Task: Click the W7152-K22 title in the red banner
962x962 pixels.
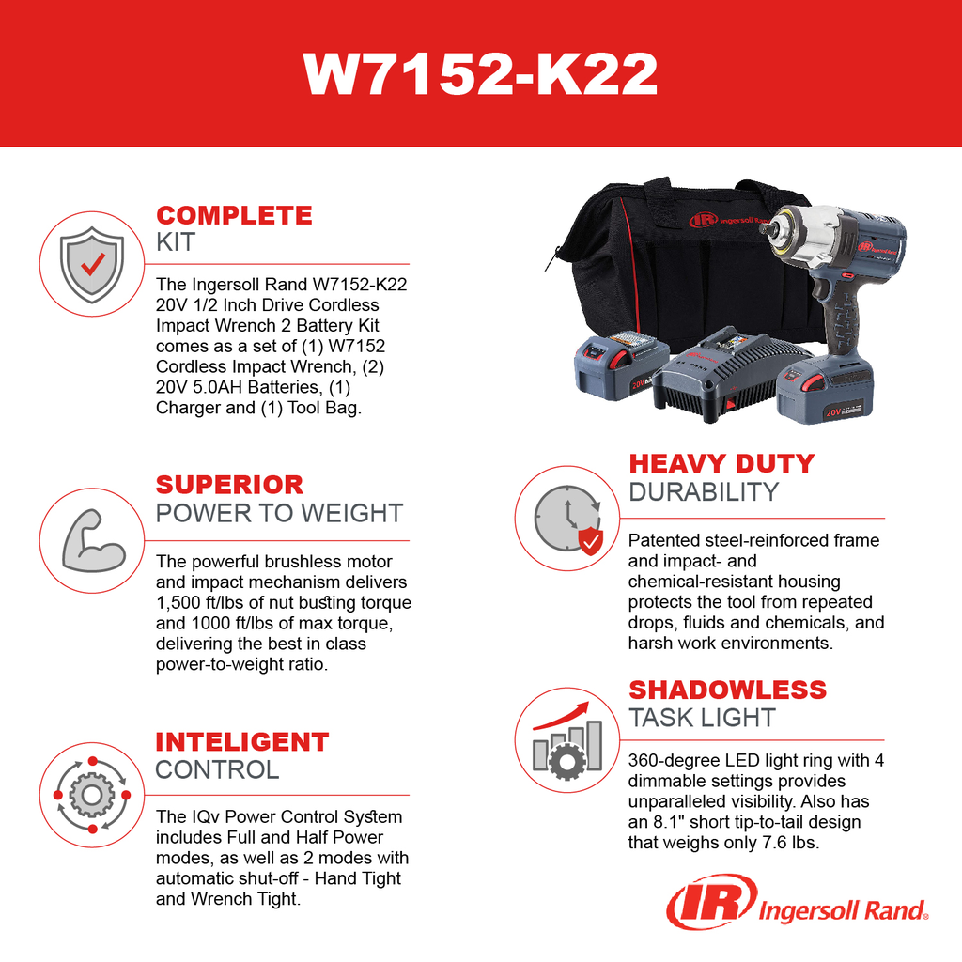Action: point(480,73)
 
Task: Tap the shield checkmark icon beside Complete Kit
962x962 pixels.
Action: point(91,264)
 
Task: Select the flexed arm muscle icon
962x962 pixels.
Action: point(92,541)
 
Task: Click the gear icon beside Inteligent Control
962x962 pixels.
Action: point(92,795)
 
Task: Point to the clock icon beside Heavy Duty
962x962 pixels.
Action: point(566,519)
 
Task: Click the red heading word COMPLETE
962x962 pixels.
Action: point(234,215)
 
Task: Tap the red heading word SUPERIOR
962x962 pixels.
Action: point(229,485)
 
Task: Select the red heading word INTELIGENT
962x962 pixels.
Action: point(241,741)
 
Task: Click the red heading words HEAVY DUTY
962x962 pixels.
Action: point(721,463)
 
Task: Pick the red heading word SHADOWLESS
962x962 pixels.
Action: point(727,689)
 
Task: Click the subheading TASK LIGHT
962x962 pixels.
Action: point(702,718)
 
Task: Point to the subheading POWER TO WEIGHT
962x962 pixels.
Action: point(279,514)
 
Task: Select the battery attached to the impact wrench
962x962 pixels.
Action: point(827,387)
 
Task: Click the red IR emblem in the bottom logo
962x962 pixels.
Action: point(710,905)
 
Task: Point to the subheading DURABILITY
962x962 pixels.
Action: point(704,492)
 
